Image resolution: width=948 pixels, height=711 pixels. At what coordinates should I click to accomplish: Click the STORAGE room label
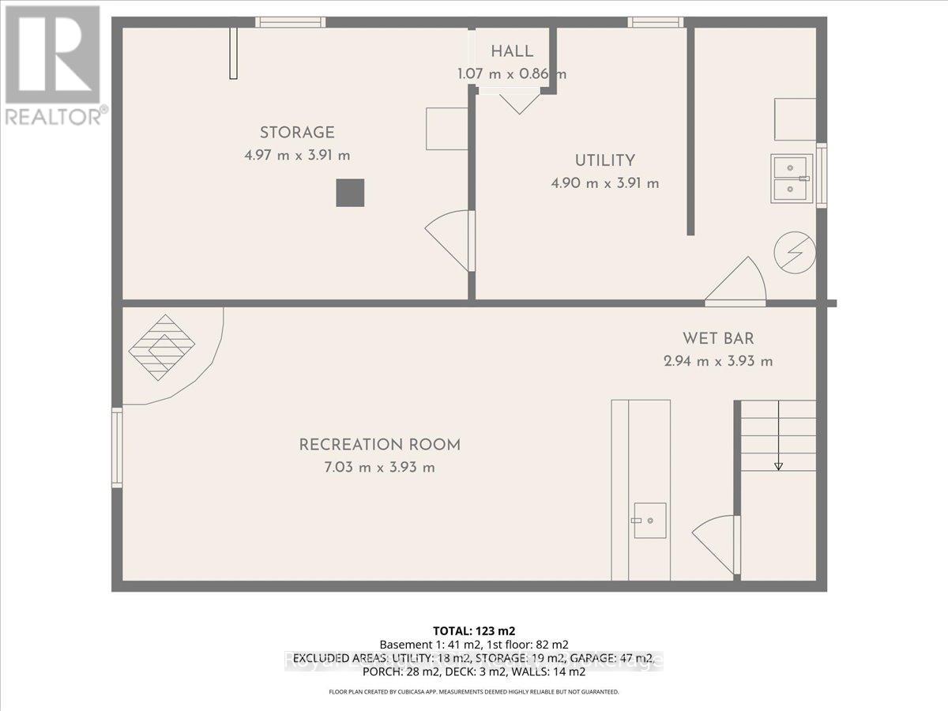[x=297, y=133]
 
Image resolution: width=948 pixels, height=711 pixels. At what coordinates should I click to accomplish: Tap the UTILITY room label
[x=604, y=160]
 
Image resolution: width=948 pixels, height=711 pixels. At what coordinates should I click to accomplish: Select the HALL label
[x=512, y=52]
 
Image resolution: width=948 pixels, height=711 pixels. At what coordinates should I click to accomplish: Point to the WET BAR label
[x=718, y=339]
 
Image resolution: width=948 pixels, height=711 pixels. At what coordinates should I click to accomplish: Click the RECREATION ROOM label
[x=379, y=445]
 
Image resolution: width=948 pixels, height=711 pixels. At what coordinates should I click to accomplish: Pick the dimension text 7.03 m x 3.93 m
[x=378, y=467]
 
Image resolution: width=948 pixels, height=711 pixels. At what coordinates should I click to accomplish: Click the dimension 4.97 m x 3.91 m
[x=297, y=156]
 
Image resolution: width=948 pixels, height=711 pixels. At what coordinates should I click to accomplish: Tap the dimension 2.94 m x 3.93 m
[x=718, y=362]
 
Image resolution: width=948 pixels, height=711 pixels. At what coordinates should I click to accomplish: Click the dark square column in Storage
[x=350, y=193]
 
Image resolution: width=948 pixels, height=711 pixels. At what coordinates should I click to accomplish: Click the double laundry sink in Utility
[x=792, y=178]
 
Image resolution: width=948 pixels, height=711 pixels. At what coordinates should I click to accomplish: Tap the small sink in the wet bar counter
[x=649, y=521]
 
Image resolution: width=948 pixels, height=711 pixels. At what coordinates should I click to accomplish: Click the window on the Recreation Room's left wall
[x=117, y=446]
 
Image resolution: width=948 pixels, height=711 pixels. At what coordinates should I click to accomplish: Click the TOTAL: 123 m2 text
[x=474, y=630]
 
